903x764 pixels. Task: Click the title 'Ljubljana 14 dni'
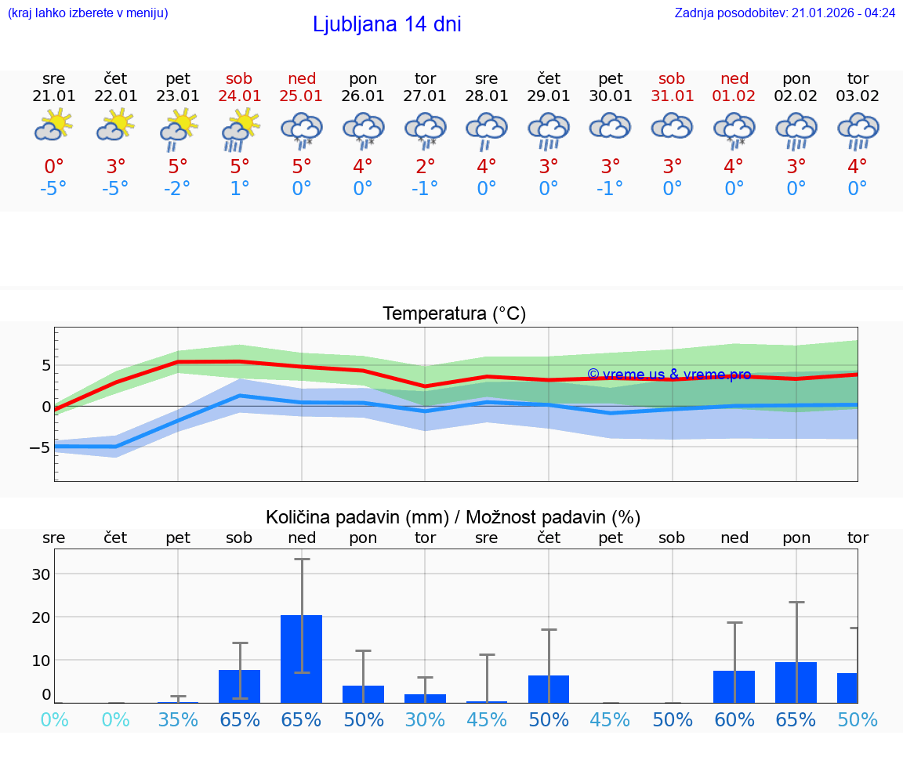tap(386, 24)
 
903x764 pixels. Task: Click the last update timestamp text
tap(785, 13)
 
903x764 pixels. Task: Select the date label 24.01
tap(240, 96)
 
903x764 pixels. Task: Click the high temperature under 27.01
tap(425, 167)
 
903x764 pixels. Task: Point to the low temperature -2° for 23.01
tap(178, 189)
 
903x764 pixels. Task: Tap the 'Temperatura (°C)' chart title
tap(454, 314)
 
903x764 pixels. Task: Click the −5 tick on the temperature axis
tap(40, 447)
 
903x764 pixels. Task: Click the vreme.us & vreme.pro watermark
tap(669, 375)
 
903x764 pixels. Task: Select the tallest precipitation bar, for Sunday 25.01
tap(302, 658)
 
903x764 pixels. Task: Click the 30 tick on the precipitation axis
tap(41, 574)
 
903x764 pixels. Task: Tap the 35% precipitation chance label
tap(178, 720)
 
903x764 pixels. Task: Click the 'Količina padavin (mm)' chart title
tap(453, 517)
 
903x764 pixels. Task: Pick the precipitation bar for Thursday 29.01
tap(549, 689)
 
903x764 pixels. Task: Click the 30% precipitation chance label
tap(425, 720)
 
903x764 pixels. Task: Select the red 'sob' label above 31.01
tap(673, 78)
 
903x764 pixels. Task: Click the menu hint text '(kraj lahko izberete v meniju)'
tap(88, 13)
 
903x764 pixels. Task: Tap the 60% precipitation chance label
tap(734, 720)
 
